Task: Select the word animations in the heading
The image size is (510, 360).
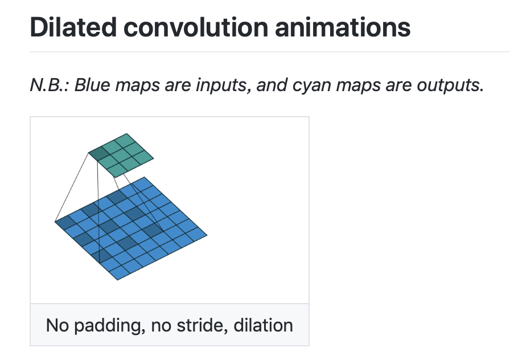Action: (x=342, y=27)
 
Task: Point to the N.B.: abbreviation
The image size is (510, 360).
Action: (x=50, y=87)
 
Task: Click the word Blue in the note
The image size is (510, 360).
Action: (x=91, y=87)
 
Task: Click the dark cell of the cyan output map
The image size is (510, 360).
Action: (x=99, y=153)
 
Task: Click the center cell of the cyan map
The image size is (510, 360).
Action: (x=121, y=154)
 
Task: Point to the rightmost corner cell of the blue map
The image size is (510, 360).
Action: (x=197, y=234)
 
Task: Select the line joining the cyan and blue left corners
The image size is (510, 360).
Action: (x=72, y=187)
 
